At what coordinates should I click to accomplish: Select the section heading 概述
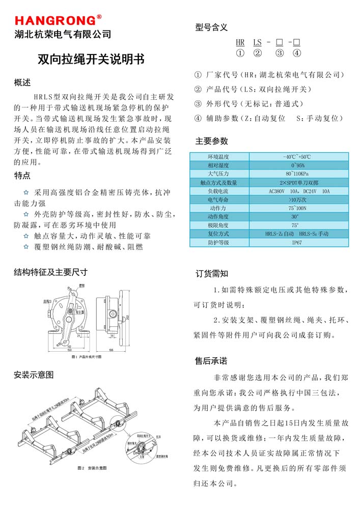[22, 82]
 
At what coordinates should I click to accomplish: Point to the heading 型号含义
[211, 27]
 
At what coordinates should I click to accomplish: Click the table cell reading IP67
[297, 243]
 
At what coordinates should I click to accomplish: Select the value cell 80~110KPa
[297, 174]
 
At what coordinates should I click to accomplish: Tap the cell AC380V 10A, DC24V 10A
[297, 191]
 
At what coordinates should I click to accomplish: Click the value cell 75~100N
[297, 208]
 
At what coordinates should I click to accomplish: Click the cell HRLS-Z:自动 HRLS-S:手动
[297, 234]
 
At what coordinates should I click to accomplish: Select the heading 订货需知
[212, 274]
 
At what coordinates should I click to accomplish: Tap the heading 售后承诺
[211, 361]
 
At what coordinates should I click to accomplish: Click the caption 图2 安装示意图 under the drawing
[92, 467]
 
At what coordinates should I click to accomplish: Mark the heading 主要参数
[211, 141]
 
